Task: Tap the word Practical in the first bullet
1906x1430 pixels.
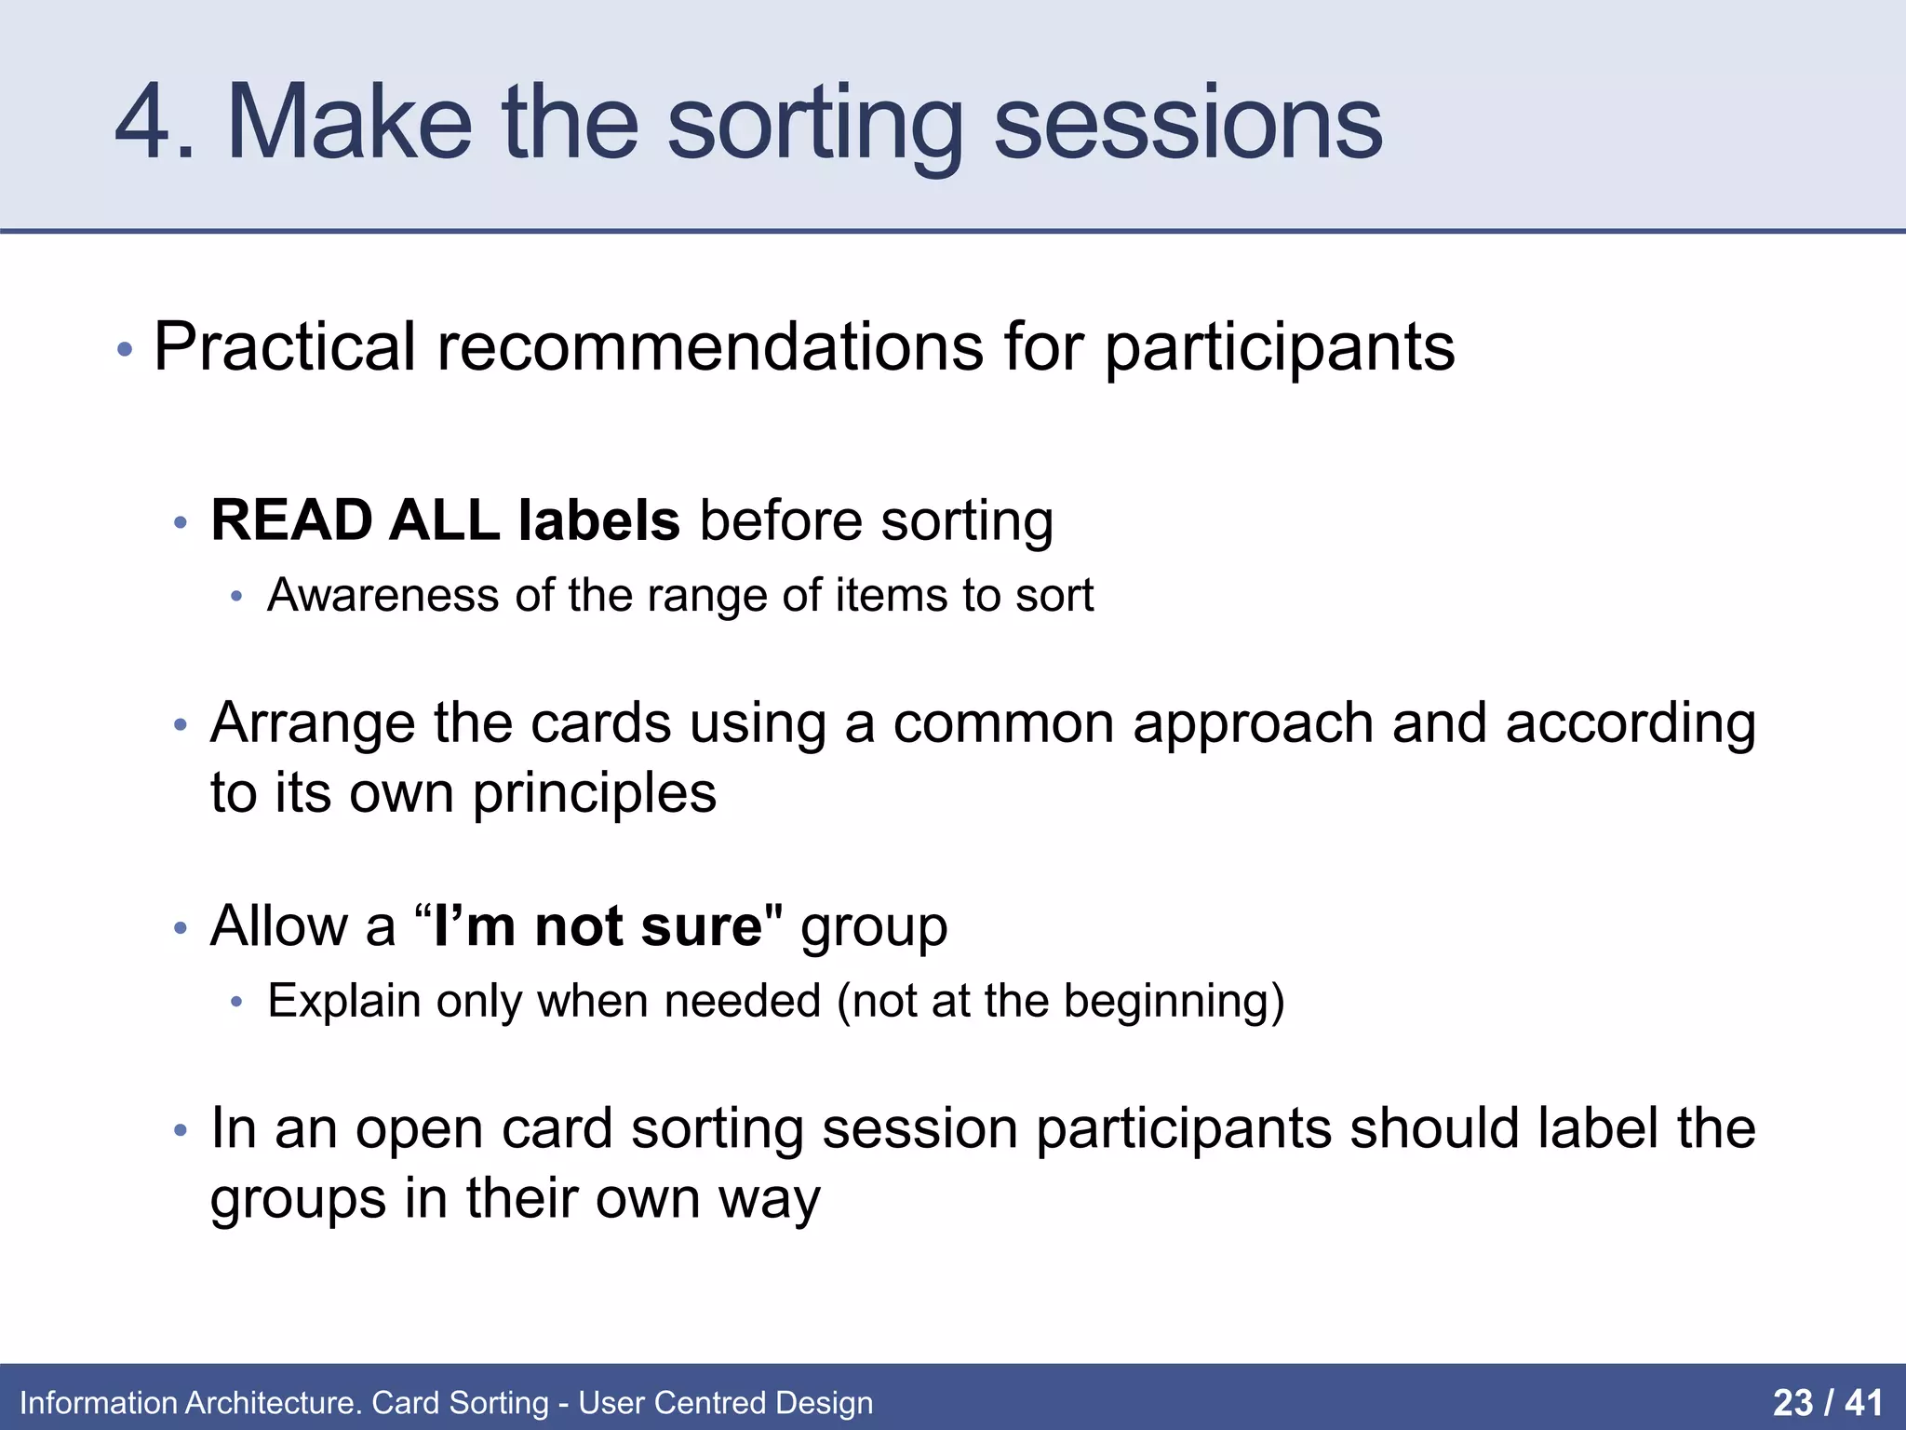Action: pos(284,347)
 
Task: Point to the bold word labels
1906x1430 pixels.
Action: pos(598,519)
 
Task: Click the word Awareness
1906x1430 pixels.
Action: pos(383,595)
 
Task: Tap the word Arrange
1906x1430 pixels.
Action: pos(312,723)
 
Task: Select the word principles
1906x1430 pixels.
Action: pos(594,793)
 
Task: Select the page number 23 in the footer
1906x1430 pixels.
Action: pos(1792,1402)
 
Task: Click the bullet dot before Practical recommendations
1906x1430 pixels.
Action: pos(125,351)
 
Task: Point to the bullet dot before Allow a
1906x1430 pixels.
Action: pos(181,929)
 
